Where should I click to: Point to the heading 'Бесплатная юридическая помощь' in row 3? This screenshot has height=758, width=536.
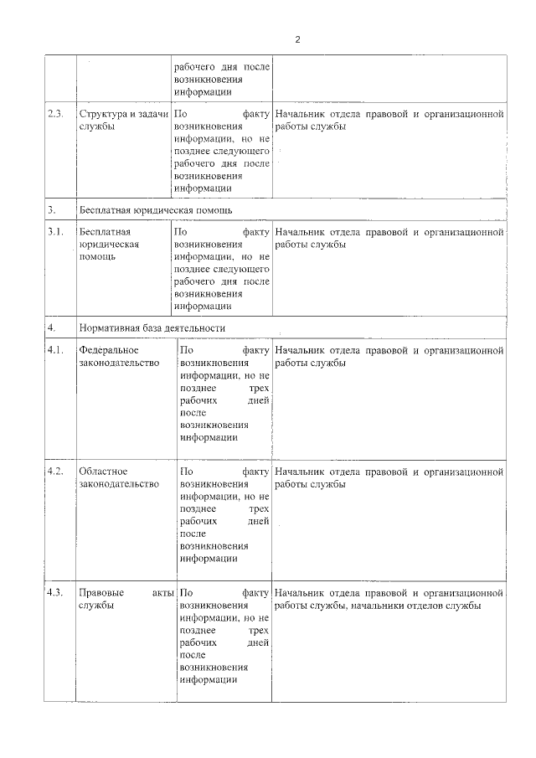[x=155, y=209]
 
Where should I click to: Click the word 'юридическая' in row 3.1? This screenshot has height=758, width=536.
[x=107, y=244]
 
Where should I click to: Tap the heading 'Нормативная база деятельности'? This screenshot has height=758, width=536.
[x=152, y=327]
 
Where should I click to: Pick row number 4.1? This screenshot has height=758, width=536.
[x=55, y=349]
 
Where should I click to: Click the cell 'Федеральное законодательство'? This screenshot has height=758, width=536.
[x=118, y=356]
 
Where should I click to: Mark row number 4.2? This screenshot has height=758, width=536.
[x=55, y=471]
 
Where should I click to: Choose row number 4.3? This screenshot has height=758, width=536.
[x=55, y=592]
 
